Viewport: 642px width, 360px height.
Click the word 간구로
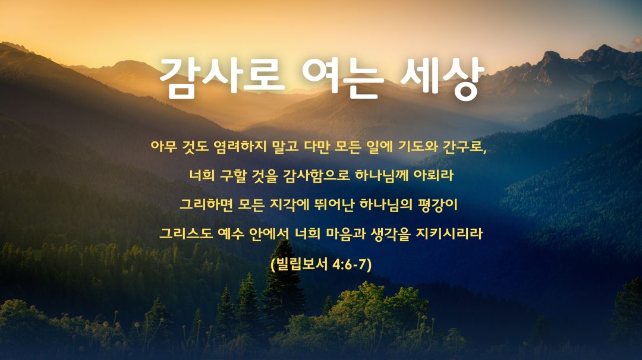464,146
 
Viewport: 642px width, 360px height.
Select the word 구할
233,175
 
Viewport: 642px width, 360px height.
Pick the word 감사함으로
316,175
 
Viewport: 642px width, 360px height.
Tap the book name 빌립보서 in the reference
302,264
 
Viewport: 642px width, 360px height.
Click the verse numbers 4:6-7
351,265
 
